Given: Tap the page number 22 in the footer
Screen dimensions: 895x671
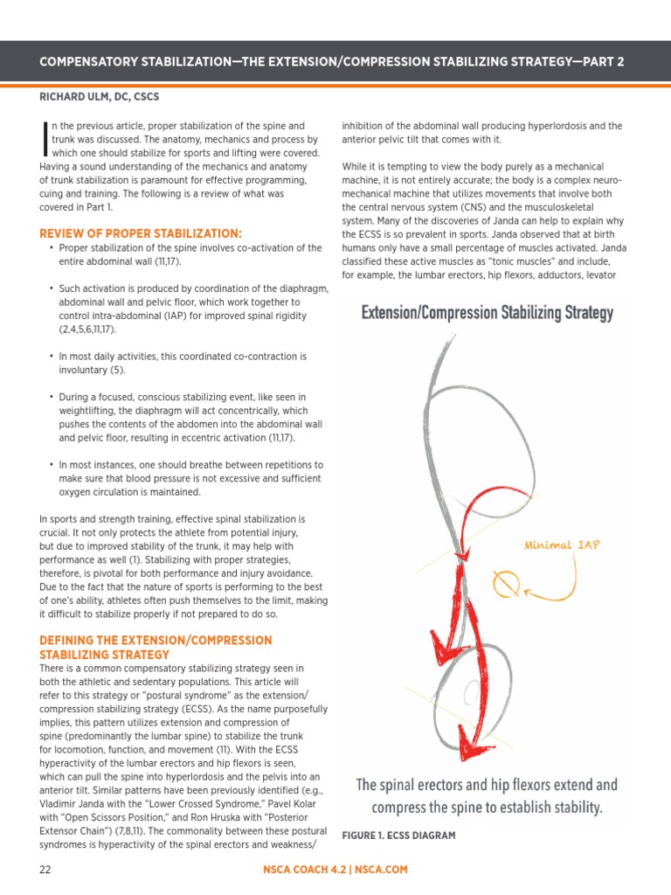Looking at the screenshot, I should coord(45,870).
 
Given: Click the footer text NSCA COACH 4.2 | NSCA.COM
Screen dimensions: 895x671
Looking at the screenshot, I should coord(335,870).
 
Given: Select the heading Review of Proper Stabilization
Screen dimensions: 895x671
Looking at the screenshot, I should coord(141,233).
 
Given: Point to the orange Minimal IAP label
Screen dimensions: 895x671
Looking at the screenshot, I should coord(562,545).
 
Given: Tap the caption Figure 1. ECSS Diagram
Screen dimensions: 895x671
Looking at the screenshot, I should coord(398,836).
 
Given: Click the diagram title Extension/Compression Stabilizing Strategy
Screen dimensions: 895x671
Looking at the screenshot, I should coord(488,312).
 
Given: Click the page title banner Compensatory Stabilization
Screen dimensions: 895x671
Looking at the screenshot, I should coord(335,62).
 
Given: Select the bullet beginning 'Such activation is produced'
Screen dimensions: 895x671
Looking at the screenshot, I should coord(188,309).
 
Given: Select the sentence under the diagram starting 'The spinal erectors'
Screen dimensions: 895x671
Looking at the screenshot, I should coord(488,796).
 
